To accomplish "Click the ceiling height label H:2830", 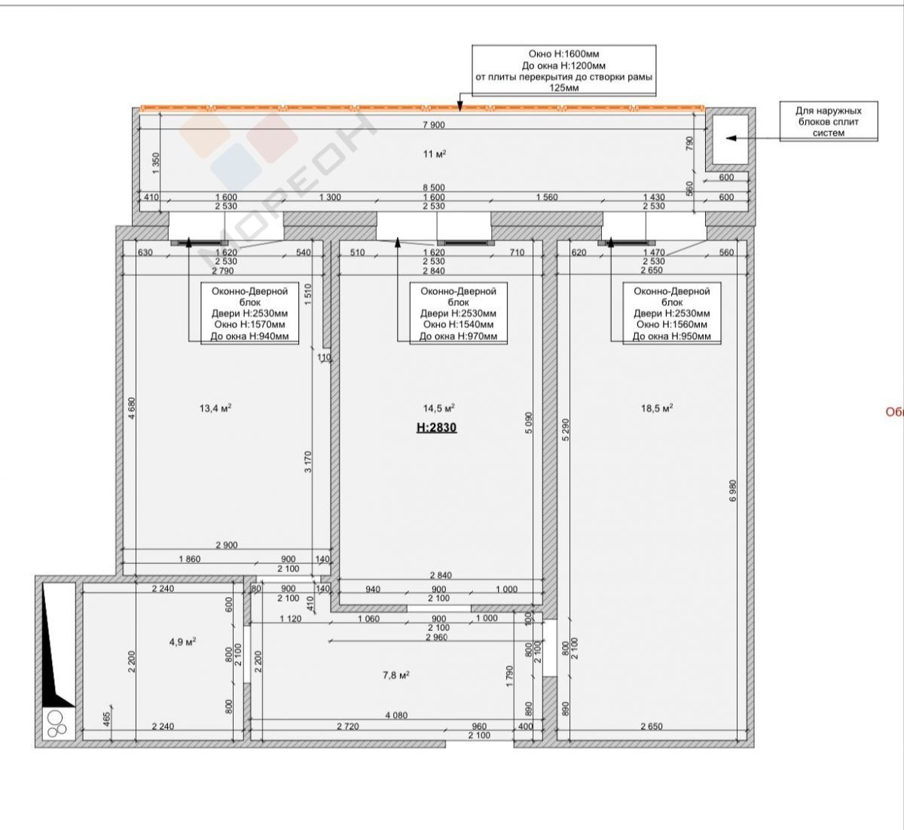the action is click(436, 427).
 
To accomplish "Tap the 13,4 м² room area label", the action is click(215, 409).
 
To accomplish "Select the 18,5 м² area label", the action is click(657, 409).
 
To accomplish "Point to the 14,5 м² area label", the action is click(438, 409).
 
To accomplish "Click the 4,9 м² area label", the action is click(182, 642).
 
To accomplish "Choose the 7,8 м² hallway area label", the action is click(395, 675).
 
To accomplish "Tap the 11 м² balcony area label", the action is click(435, 154).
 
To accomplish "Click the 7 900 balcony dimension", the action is click(433, 124).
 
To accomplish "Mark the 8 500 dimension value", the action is click(433, 187).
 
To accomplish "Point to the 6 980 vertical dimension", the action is click(733, 491).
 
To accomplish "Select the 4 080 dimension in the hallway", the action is click(396, 715).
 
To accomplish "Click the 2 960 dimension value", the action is click(436, 637).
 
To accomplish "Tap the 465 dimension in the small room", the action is click(106, 719).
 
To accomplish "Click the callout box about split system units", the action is click(829, 121).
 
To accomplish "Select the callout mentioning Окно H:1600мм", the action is click(563, 70).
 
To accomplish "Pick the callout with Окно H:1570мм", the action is click(249, 314).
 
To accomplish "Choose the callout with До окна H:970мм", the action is click(458, 314).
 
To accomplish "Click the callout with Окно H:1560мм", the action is click(672, 314).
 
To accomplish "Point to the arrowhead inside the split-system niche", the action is click(731, 138).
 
